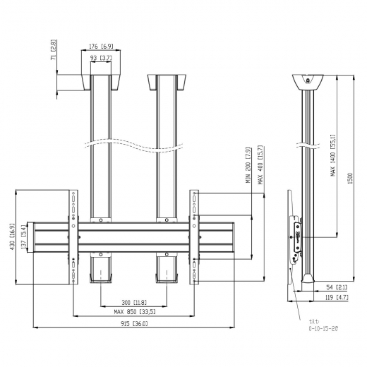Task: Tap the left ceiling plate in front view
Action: coord(100,83)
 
